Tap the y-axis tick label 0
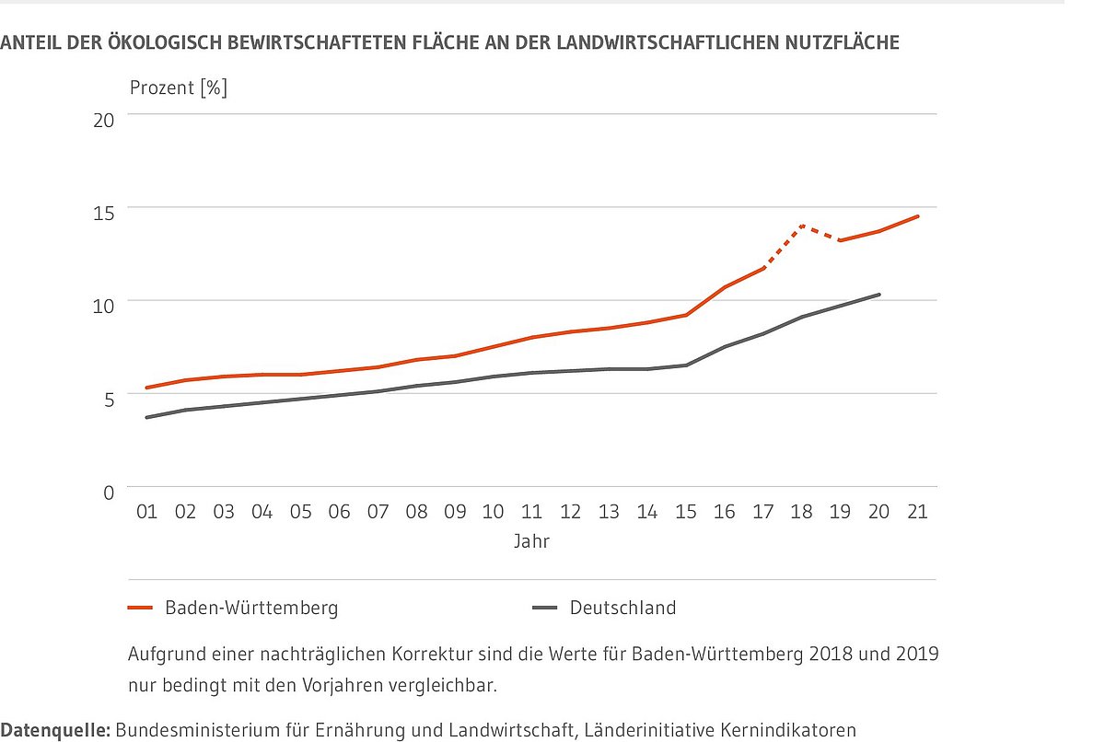pyautogui.click(x=108, y=493)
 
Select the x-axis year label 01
pyautogui.click(x=147, y=512)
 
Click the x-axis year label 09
pyautogui.click(x=455, y=512)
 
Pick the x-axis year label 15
pyautogui.click(x=686, y=512)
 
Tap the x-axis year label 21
pyautogui.click(x=917, y=512)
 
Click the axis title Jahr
pyautogui.click(x=531, y=541)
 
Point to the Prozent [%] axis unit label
pyautogui.click(x=179, y=88)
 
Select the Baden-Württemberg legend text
pyautogui.click(x=251, y=608)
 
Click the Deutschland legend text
pyautogui.click(x=622, y=608)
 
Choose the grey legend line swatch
pyautogui.click(x=545, y=609)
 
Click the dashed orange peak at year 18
pyautogui.click(x=802, y=226)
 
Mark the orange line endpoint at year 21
pyautogui.click(x=918, y=216)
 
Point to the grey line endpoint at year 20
pyautogui.click(x=879, y=295)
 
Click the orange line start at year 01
pyautogui.click(x=147, y=388)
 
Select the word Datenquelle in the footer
pyautogui.click(x=55, y=730)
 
